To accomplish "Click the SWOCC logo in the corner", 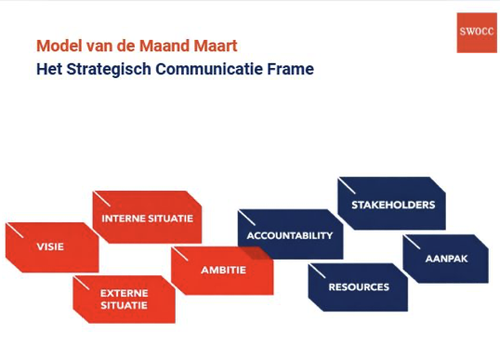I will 477,32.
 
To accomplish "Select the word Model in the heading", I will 57,45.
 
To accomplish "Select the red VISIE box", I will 51,247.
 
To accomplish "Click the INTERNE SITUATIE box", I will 147,218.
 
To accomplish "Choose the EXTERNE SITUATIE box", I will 125,299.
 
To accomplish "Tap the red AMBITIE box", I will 223,270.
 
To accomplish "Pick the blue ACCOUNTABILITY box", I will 289,235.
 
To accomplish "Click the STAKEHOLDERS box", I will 392,204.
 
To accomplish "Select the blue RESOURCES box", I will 358,287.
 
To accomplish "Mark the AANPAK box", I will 445,259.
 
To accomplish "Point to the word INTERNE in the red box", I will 123,218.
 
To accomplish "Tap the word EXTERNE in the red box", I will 125,292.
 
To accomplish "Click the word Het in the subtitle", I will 48,68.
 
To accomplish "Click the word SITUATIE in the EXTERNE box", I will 125,305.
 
